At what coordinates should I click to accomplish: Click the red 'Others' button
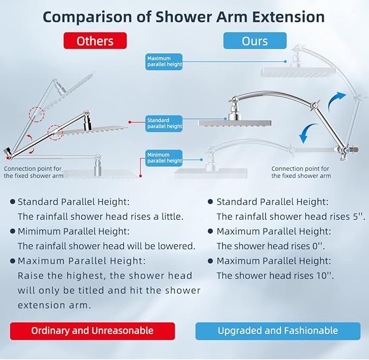pos(95,41)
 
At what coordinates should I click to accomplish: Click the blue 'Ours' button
pos(254,41)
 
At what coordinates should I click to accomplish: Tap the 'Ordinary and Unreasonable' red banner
pos(92,331)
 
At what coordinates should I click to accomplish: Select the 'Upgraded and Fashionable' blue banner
pos(278,331)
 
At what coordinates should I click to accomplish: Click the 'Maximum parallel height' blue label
pos(165,61)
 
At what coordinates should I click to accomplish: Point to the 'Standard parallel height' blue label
pos(165,123)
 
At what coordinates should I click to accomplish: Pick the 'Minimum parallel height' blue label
pos(165,158)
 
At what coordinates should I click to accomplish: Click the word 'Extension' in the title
pos(291,16)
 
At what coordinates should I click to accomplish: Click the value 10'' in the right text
pos(324,275)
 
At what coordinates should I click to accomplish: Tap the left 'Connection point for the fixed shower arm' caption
pos(34,172)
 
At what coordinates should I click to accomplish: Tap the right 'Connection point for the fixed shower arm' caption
pos(301,172)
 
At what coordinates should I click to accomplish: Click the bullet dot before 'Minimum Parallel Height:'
pos(12,231)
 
